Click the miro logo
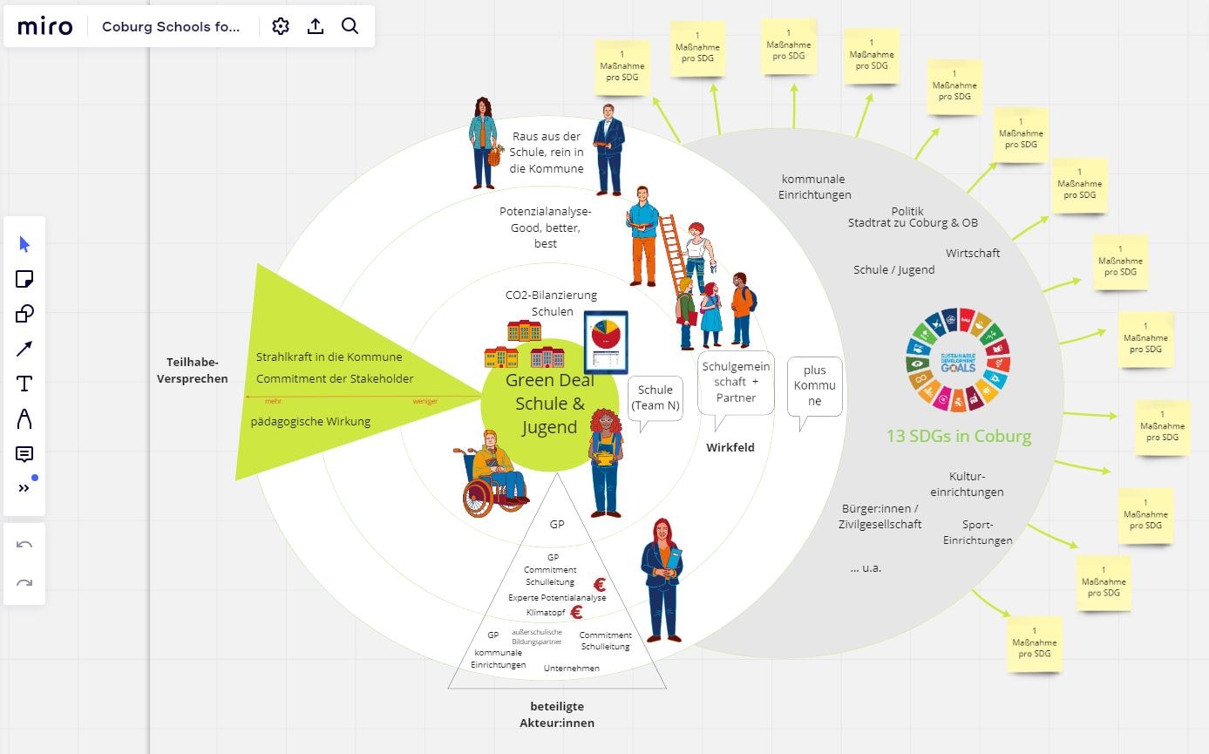(45, 26)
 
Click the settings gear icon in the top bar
(281, 26)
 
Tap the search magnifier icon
(350, 26)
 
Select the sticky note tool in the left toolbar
(24, 279)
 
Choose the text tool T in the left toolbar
(24, 384)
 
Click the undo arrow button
(24, 545)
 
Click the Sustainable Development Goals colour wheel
(957, 359)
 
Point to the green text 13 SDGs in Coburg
(959, 437)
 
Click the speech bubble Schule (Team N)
(655, 397)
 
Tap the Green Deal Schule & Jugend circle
(549, 404)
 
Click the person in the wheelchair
(493, 475)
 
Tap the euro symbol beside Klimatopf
(576, 612)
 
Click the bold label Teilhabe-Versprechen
(193, 370)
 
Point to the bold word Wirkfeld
(730, 447)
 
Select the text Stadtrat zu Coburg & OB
(913, 223)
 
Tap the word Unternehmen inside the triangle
(571, 668)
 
